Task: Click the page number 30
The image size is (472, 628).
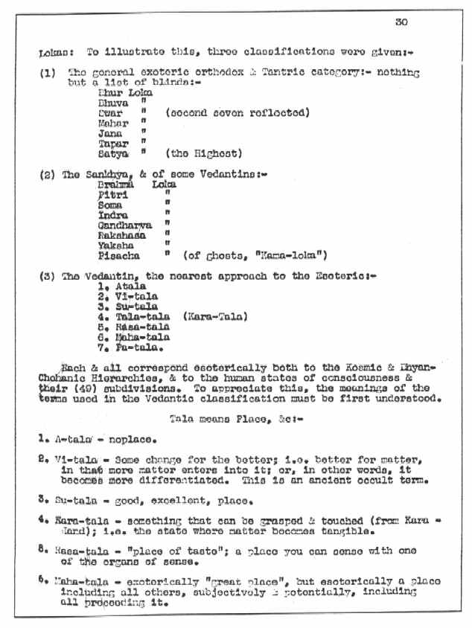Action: (x=401, y=22)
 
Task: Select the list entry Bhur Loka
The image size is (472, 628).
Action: (x=125, y=93)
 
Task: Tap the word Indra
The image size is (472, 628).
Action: (x=112, y=214)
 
